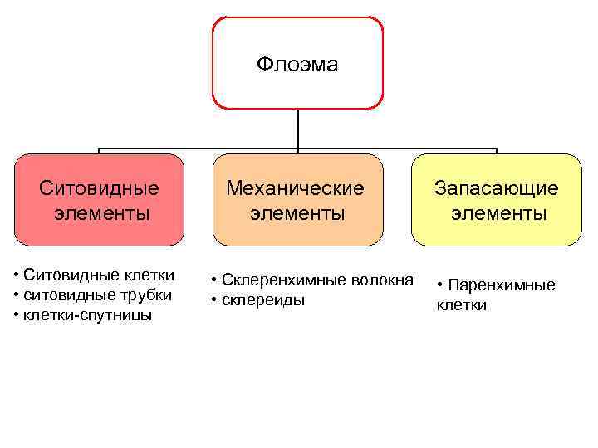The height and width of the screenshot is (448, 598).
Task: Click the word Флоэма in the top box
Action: point(297,65)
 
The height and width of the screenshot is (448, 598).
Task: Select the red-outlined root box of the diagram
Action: point(297,83)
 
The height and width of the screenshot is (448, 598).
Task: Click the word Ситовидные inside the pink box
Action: point(100,188)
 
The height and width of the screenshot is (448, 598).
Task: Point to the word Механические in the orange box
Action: point(297,188)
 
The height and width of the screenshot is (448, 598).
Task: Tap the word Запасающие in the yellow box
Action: point(498,188)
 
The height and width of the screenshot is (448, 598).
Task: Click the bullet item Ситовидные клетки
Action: point(99,275)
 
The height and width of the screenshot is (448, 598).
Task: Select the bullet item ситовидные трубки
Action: point(97,295)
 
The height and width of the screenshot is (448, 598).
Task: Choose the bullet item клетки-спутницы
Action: point(87,315)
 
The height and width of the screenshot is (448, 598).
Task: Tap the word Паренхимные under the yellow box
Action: point(502,285)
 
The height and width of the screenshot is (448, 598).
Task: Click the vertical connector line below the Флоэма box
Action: point(297,130)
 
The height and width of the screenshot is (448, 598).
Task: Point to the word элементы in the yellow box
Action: point(499,213)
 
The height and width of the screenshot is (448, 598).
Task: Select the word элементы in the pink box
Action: point(102,213)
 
